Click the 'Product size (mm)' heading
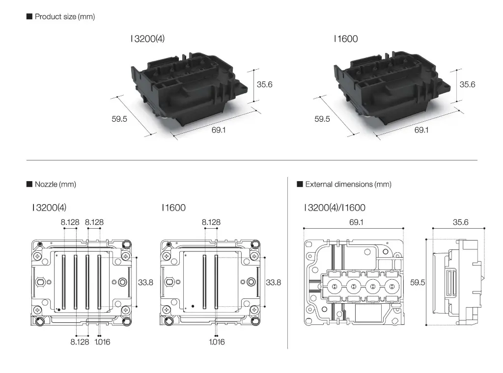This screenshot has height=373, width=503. coord(64,17)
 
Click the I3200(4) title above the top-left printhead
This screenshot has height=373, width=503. coord(147,39)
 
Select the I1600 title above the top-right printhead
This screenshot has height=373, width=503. coord(345,39)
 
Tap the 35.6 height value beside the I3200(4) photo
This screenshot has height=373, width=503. coord(264,84)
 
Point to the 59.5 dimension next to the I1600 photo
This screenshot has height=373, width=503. coord(322,119)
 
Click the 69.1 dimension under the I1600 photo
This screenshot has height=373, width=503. coord(421,130)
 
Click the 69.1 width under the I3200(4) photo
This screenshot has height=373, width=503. coord(218,130)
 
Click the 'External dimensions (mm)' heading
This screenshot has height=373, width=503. coord(348,185)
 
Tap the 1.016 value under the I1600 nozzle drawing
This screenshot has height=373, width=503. coord(216,342)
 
